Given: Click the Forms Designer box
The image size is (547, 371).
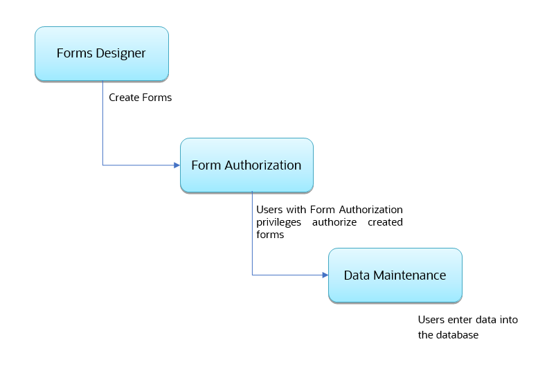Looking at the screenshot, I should [101, 54].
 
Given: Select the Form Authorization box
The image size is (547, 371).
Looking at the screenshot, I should [246, 165].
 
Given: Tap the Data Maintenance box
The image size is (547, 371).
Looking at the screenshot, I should [395, 275].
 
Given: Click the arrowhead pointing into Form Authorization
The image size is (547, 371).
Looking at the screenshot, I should [176, 165].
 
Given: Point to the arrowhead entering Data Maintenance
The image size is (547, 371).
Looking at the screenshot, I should [324, 275].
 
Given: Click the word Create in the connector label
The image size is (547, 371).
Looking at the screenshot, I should [124, 98].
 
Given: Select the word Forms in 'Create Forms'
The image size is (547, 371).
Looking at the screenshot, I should [156, 98].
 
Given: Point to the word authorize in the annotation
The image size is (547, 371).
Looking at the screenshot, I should [334, 222].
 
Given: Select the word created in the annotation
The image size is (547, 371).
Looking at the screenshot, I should [386, 222].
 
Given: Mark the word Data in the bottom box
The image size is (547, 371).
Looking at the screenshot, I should [357, 275].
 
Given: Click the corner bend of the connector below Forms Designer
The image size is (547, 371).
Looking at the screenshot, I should [102, 165].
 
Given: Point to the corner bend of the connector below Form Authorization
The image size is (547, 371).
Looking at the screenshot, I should [252, 275].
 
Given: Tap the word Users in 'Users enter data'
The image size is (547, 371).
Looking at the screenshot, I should [431, 320].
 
